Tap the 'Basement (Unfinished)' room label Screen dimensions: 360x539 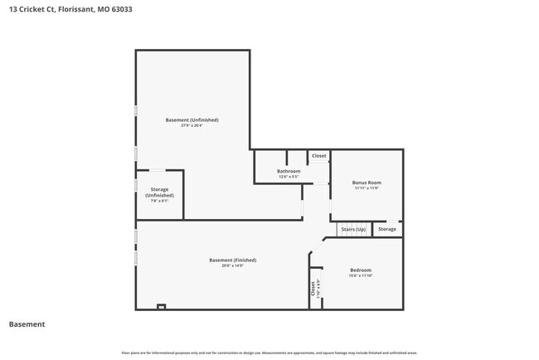click(x=192, y=120)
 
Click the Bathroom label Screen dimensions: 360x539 click(x=288, y=171)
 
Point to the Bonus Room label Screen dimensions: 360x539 click(x=366, y=182)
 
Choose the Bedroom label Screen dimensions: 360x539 click(x=360, y=270)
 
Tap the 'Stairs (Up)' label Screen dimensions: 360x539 click(x=353, y=229)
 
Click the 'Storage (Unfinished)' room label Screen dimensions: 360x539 click(x=159, y=192)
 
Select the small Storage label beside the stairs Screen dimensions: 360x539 click(x=386, y=229)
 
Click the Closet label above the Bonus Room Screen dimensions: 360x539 click(x=318, y=156)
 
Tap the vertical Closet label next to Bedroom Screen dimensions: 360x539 click(x=313, y=288)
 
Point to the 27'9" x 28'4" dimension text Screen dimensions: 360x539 click(x=192, y=126)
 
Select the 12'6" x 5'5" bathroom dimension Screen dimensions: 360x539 click(x=288, y=177)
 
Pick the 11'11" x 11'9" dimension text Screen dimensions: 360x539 click(x=366, y=188)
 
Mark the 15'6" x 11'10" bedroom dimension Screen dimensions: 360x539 click(x=360, y=276)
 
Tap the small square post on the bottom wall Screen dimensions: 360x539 click(x=161, y=307)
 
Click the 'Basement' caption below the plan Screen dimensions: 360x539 click(x=27, y=324)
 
